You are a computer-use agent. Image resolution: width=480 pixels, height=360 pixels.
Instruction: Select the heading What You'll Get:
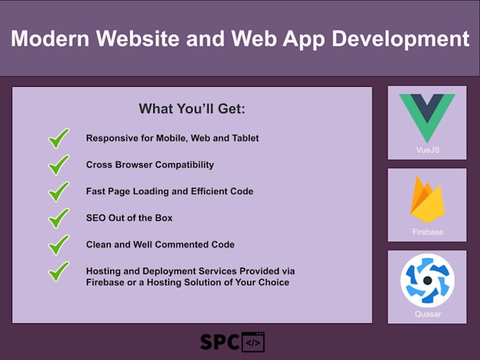coord(191,109)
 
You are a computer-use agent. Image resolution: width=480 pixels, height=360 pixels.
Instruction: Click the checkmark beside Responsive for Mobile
coord(59,138)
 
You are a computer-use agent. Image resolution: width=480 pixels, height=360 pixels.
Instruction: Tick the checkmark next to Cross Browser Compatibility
coord(59,165)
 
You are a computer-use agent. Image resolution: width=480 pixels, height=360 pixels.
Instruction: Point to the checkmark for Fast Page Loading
coord(59,191)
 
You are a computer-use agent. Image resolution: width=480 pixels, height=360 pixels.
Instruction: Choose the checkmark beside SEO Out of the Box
coord(59,218)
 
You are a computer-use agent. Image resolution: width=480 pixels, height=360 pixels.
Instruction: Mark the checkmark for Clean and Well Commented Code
coord(59,245)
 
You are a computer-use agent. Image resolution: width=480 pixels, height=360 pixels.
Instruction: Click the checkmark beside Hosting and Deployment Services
coord(59,272)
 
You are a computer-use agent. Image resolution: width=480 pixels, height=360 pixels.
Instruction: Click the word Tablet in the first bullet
coord(244,138)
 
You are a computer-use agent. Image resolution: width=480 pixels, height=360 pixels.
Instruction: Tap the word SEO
coord(97,218)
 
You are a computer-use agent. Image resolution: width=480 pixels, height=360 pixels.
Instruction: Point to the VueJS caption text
coord(427,150)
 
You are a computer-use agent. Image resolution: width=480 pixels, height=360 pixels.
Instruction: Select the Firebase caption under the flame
coord(427,232)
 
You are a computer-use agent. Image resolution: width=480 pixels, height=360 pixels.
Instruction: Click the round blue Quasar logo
coord(427,280)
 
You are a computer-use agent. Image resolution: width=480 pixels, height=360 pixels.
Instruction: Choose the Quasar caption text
coord(427,314)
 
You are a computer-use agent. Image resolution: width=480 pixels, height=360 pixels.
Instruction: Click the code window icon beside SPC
coord(253,342)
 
